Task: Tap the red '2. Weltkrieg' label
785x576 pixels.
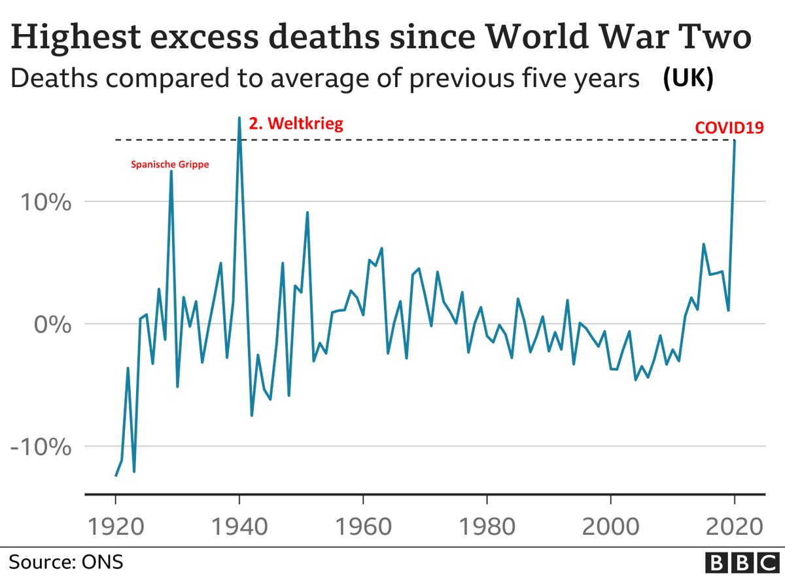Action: click(296, 123)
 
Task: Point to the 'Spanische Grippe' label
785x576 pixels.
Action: click(171, 165)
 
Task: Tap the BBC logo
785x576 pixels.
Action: click(741, 562)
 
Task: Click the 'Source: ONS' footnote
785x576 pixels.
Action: click(65, 562)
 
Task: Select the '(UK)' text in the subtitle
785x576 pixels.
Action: click(688, 78)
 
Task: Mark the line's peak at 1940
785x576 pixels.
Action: click(239, 118)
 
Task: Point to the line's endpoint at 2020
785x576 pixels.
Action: click(735, 141)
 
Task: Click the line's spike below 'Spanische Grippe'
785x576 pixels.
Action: click(171, 171)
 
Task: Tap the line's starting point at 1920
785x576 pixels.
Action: click(116, 475)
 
